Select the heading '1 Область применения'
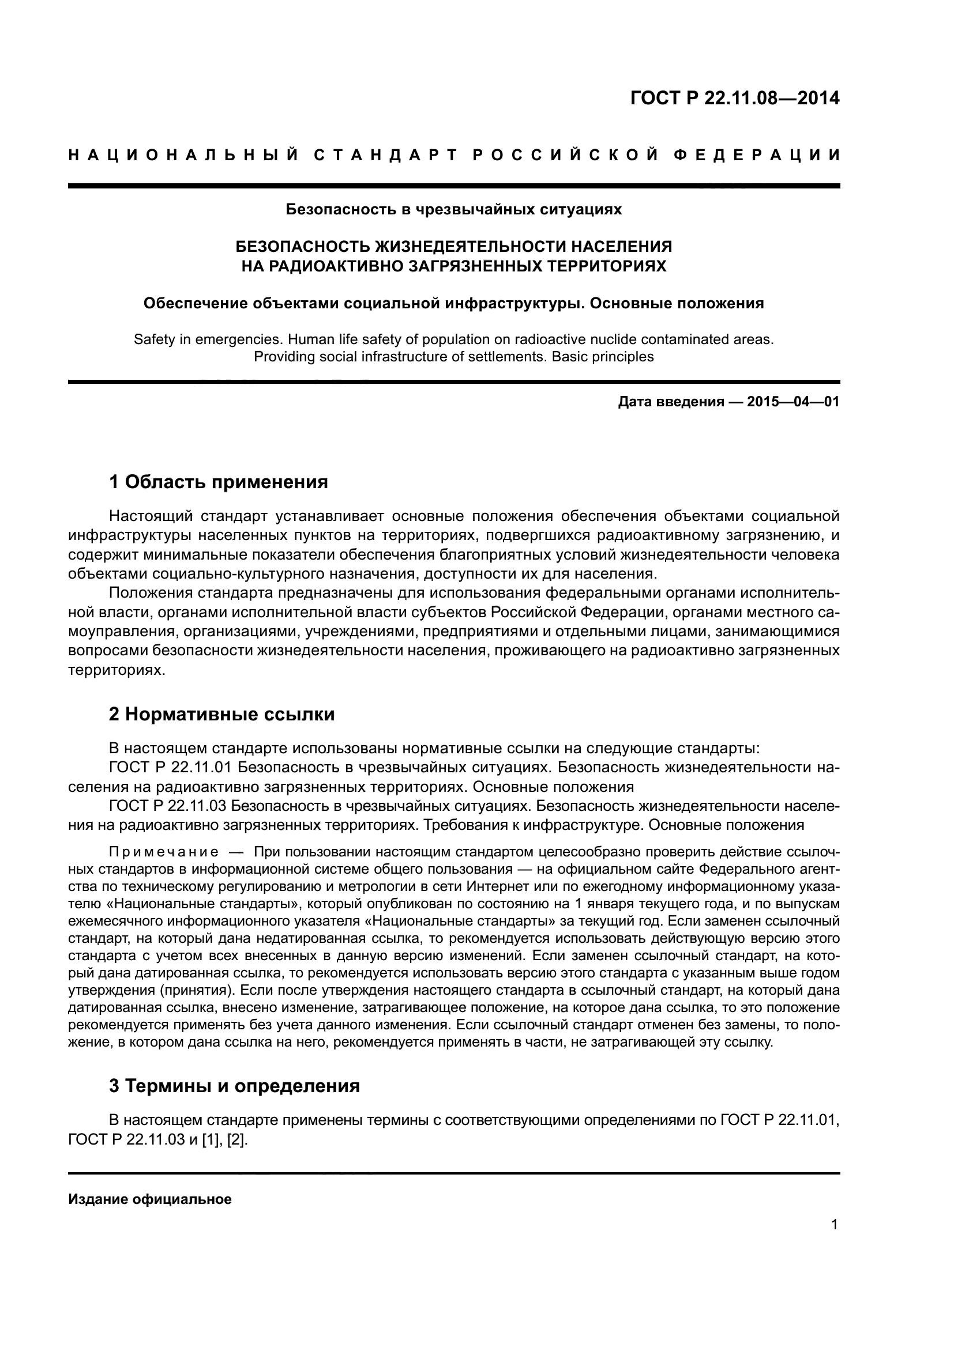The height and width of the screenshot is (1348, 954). (x=218, y=482)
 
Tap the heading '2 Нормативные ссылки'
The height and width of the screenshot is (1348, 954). (x=221, y=715)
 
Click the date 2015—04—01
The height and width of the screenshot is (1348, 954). (x=793, y=402)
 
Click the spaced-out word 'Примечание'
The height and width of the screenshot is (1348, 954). (x=164, y=852)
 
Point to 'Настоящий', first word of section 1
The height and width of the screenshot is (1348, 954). (x=151, y=516)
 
